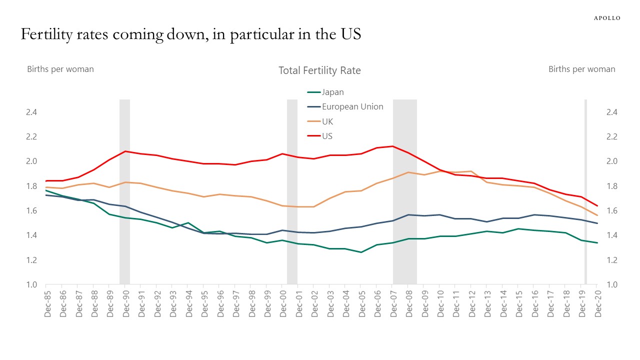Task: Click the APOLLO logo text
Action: coord(606,18)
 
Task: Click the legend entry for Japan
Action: coord(332,92)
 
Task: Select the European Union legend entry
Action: coord(352,106)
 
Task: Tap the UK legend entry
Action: coord(327,121)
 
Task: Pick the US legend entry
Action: coord(327,136)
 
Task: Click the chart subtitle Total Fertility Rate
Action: coord(319,70)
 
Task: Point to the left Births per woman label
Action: coord(60,69)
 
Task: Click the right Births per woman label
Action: coord(581,69)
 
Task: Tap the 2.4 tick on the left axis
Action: coord(32,112)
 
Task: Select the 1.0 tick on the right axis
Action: coord(611,284)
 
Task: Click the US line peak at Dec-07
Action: coord(393,146)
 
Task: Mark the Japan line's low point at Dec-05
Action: coord(361,252)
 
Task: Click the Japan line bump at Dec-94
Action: coord(188,223)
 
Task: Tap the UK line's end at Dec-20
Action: coord(597,215)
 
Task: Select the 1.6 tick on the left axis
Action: coord(32,210)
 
